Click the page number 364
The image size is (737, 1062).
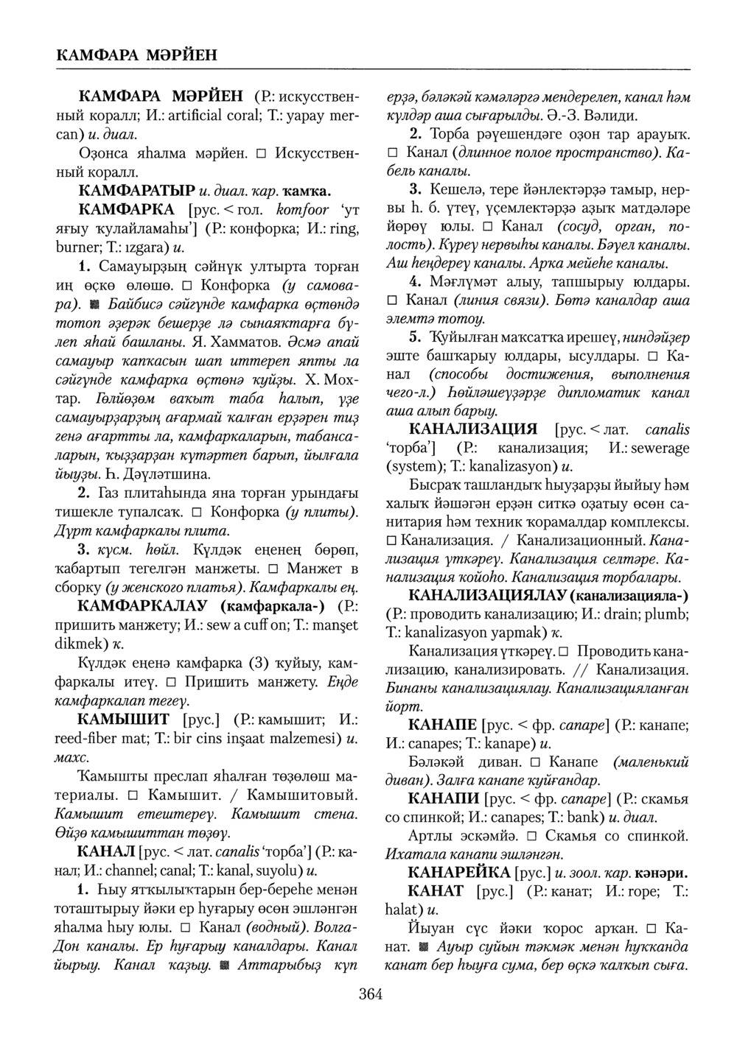[x=370, y=995]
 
